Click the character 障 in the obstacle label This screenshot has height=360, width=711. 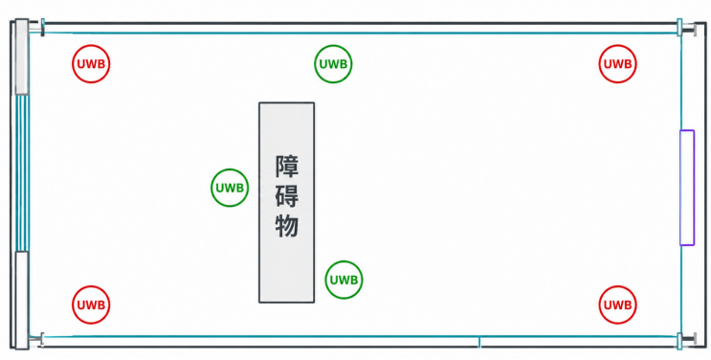(287, 167)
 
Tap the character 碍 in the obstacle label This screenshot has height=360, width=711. (287, 196)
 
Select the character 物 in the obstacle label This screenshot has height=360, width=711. (287, 226)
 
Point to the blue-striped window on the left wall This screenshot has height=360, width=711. (22, 172)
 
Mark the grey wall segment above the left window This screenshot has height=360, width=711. (22, 56)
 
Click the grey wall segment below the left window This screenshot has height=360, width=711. (22, 300)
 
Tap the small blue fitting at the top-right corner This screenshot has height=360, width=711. (679, 27)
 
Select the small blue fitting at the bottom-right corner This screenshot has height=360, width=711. (679, 341)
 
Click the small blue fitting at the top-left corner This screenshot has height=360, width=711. (43, 27)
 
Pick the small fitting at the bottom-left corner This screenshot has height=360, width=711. (42, 339)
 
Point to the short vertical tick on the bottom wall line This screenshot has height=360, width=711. (479, 343)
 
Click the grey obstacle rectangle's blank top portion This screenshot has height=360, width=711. (286, 127)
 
